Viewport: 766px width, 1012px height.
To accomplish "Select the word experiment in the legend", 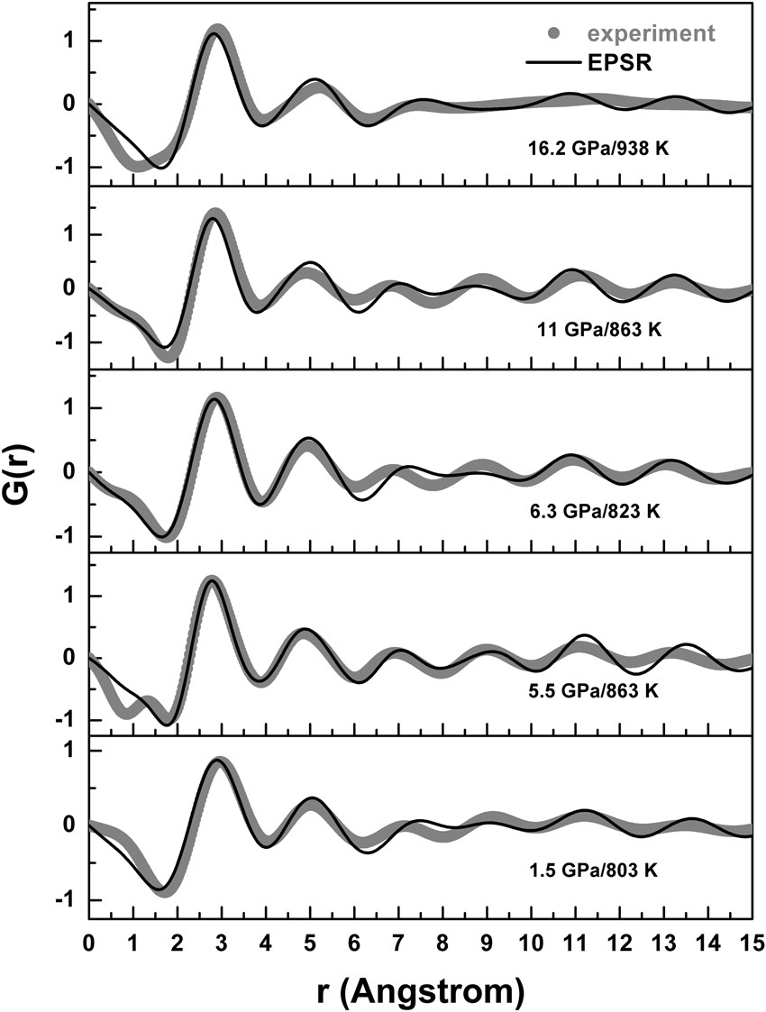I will click(x=652, y=33).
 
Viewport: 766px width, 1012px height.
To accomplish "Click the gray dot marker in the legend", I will click(x=556, y=33).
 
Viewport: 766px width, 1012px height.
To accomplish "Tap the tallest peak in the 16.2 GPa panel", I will click(x=215, y=32).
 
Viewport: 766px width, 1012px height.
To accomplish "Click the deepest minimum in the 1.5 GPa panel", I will click(x=160, y=890).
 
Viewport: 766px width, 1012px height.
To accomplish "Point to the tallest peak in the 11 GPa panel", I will click(x=214, y=216).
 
